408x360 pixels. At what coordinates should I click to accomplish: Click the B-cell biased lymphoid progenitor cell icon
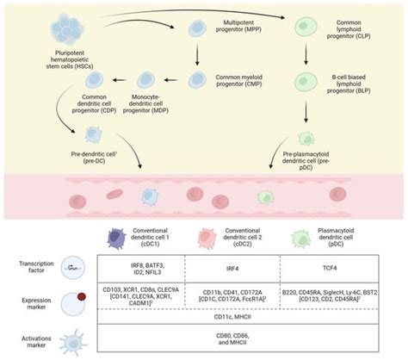(x=308, y=84)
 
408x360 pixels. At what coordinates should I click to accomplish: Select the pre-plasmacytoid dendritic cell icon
(x=307, y=136)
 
